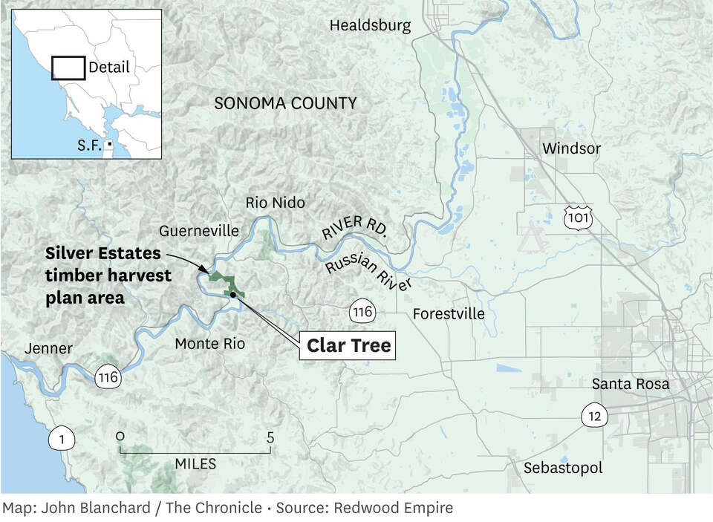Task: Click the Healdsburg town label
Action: (370, 26)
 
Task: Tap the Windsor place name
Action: (571, 149)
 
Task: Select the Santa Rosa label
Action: (631, 385)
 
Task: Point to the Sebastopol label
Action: (563, 468)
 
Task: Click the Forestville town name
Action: (449, 314)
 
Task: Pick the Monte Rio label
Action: (209, 344)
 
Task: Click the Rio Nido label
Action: (275, 203)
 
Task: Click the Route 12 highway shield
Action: (596, 415)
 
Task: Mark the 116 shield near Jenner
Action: (108, 378)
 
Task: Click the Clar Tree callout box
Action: (348, 346)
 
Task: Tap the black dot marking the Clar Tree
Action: (233, 295)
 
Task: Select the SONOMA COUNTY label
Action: (285, 103)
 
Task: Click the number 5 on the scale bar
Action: (270, 437)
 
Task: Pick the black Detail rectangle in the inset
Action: (68, 68)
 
